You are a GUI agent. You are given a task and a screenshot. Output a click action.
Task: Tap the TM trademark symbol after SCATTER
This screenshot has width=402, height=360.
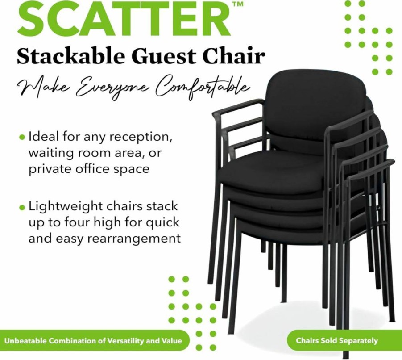238,4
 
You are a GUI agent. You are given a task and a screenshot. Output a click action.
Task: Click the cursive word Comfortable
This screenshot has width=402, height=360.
201,88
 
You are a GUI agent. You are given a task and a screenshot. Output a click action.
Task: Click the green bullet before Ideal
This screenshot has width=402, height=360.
22,137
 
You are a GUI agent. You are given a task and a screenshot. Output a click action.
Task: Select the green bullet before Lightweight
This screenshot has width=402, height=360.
22,207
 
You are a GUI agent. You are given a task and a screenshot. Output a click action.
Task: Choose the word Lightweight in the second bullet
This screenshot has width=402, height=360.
66,207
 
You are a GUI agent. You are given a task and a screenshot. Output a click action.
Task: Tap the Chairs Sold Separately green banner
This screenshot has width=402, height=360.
336,341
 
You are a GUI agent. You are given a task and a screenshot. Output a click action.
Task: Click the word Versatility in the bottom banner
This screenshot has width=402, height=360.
123,341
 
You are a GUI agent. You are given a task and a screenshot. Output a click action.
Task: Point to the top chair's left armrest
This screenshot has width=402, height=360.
237,107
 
